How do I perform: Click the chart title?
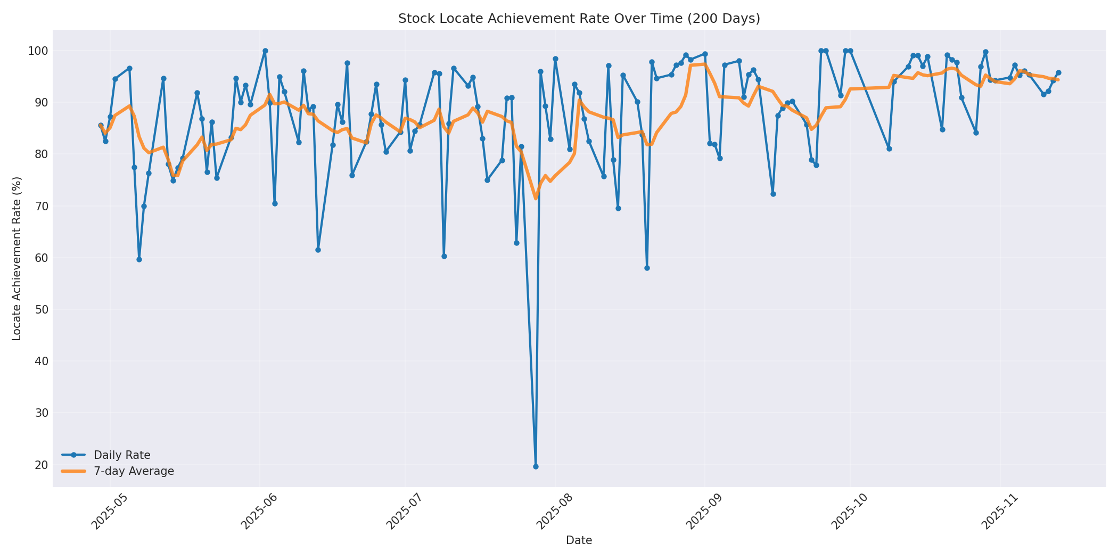pyautogui.click(x=579, y=19)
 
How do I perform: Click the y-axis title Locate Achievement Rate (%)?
pyautogui.click(x=17, y=258)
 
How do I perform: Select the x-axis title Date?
pyautogui.click(x=579, y=540)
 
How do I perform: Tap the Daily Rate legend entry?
pyautogui.click(x=122, y=455)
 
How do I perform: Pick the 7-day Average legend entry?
pyautogui.click(x=134, y=471)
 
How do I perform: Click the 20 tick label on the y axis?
pyautogui.click(x=41, y=465)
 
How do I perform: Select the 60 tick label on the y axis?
pyautogui.click(x=41, y=258)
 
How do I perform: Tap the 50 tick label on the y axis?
pyautogui.click(x=41, y=310)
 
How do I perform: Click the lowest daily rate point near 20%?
pyautogui.click(x=536, y=466)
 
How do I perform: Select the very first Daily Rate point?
pyautogui.click(x=101, y=126)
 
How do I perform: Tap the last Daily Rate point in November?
pyautogui.click(x=1058, y=72)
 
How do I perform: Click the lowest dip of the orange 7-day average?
pyautogui.click(x=536, y=199)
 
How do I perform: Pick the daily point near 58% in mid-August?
pyautogui.click(x=647, y=268)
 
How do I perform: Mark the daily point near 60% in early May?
pyautogui.click(x=139, y=259)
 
